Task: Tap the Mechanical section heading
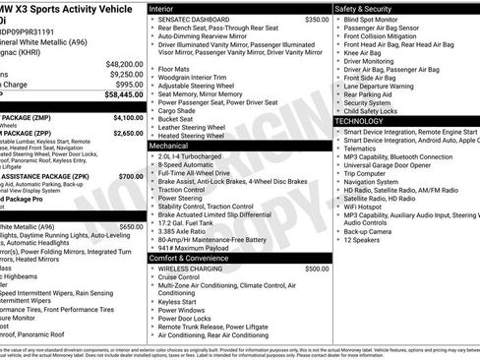point(171,144)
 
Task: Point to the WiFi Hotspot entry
point(368,208)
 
